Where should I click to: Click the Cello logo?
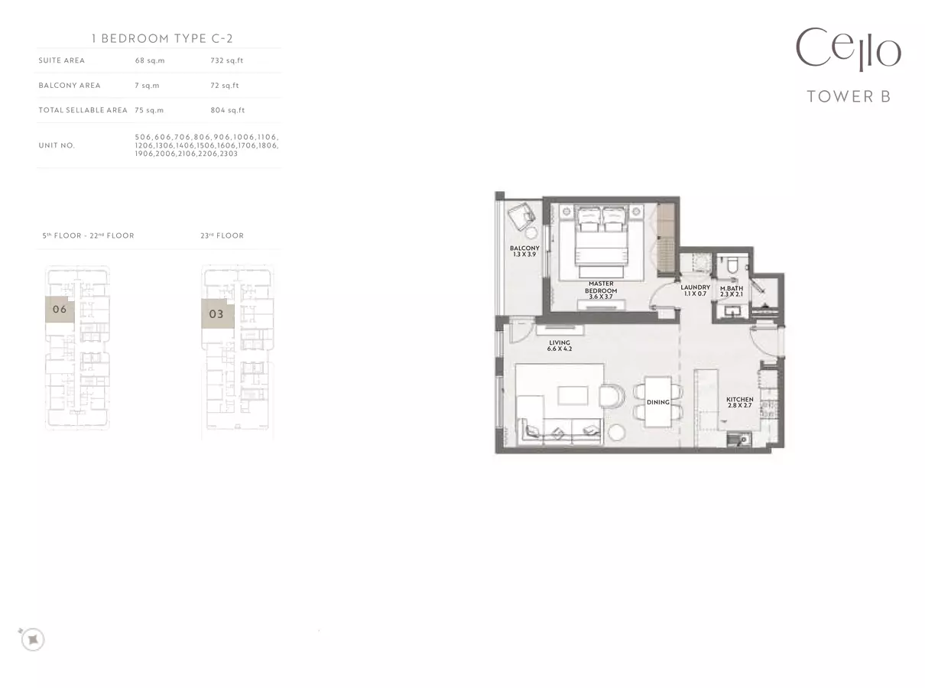849,49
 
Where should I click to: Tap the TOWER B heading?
849,96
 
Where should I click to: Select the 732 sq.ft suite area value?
226,60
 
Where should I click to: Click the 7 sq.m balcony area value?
147,86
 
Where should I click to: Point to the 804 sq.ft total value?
227,110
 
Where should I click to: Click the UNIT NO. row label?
57,145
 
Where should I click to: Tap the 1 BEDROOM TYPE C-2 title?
162,38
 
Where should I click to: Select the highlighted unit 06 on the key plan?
60,309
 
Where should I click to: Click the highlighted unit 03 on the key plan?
217,313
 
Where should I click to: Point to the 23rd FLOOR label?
222,235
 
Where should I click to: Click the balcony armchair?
521,216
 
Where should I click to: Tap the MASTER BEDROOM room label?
601,287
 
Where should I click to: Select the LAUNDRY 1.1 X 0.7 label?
695,290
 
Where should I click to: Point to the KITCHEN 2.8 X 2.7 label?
740,402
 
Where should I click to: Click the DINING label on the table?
658,402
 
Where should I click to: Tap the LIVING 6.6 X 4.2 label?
560,346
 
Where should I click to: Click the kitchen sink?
738,440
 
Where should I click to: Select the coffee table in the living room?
573,395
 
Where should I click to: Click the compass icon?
33,639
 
